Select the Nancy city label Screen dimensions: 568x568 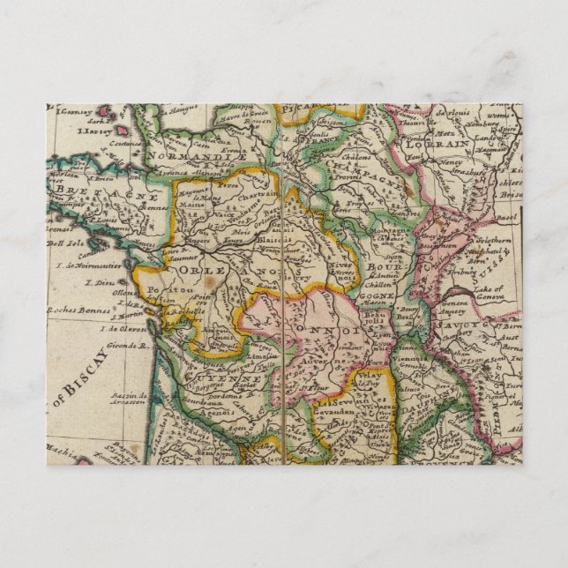click(x=452, y=162)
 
